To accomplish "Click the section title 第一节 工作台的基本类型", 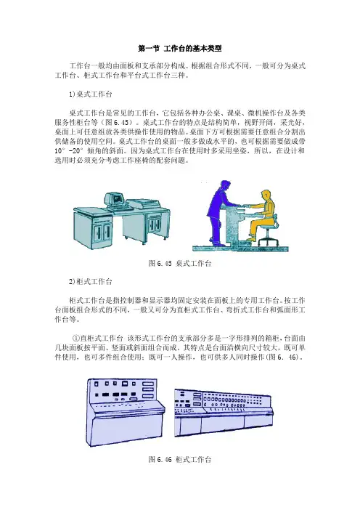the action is [180, 49].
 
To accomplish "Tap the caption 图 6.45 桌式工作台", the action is [180, 264].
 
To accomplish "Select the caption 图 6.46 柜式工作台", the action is [180, 460].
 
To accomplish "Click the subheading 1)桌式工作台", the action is [90, 94].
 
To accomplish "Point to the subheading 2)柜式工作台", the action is [90, 281].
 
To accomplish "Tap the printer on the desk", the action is [143, 204].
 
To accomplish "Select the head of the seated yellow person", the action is [266, 195].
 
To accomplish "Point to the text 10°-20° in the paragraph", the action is [69, 151].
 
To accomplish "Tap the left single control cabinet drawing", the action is [126, 413].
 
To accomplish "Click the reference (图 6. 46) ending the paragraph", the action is [285, 357].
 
